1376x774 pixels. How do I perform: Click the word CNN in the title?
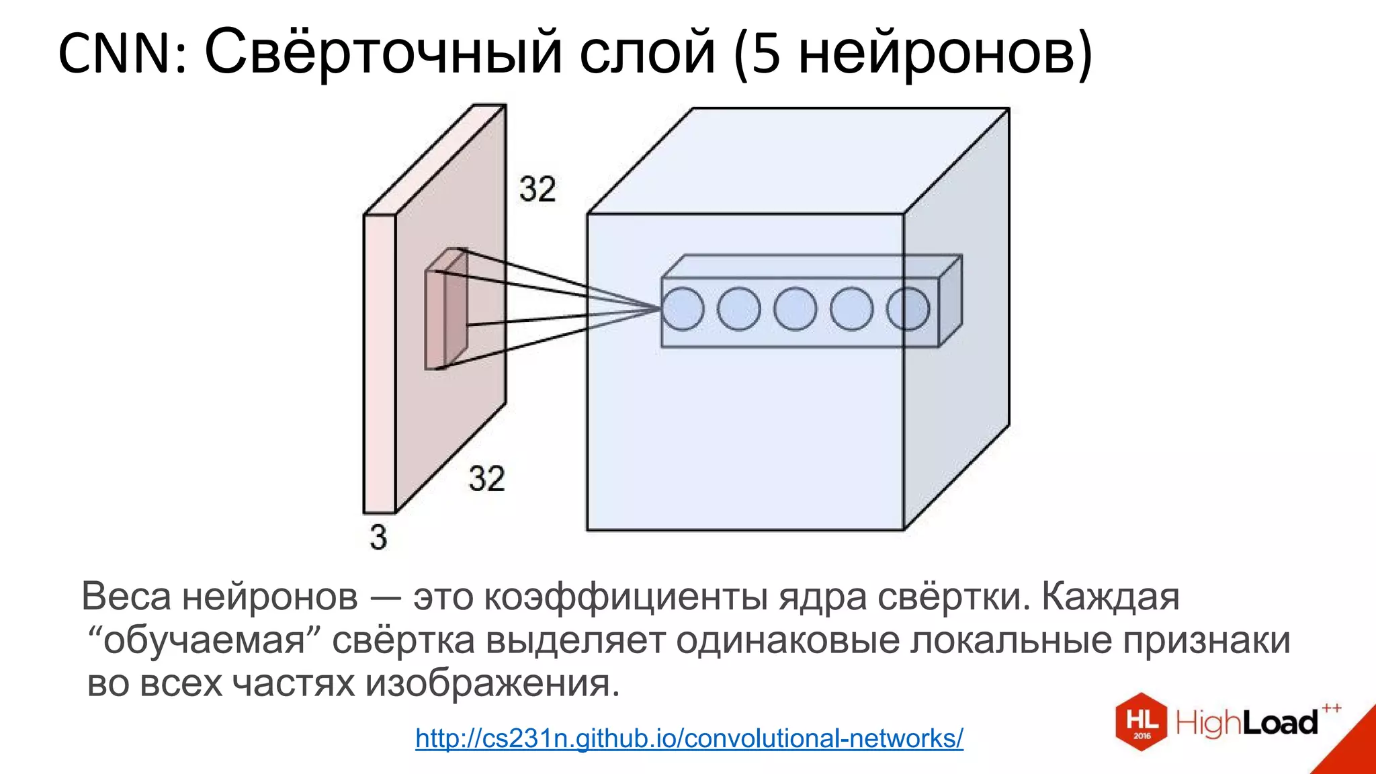[x=116, y=54]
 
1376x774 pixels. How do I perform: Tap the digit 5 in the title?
[x=766, y=54]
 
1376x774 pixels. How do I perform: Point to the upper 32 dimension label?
[x=537, y=189]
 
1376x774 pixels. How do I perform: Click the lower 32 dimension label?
[x=486, y=479]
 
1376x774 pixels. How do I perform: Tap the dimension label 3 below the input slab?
[x=378, y=537]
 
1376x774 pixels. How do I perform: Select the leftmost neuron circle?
[x=683, y=308]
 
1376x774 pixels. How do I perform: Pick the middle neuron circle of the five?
[x=795, y=308]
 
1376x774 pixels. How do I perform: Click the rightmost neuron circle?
[x=908, y=308]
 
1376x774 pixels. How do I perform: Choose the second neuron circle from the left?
[x=739, y=308]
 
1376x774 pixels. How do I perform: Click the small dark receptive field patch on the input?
[x=445, y=309]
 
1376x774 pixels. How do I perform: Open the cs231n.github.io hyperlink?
[x=689, y=738]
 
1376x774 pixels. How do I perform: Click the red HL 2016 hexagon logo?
[x=1142, y=722]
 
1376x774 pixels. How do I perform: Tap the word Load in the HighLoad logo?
[x=1280, y=723]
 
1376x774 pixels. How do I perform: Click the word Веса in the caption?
[x=126, y=596]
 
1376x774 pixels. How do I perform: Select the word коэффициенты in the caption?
[x=626, y=596]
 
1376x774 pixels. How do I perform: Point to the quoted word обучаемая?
[x=205, y=640]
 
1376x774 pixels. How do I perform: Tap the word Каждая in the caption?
[x=1110, y=596]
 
